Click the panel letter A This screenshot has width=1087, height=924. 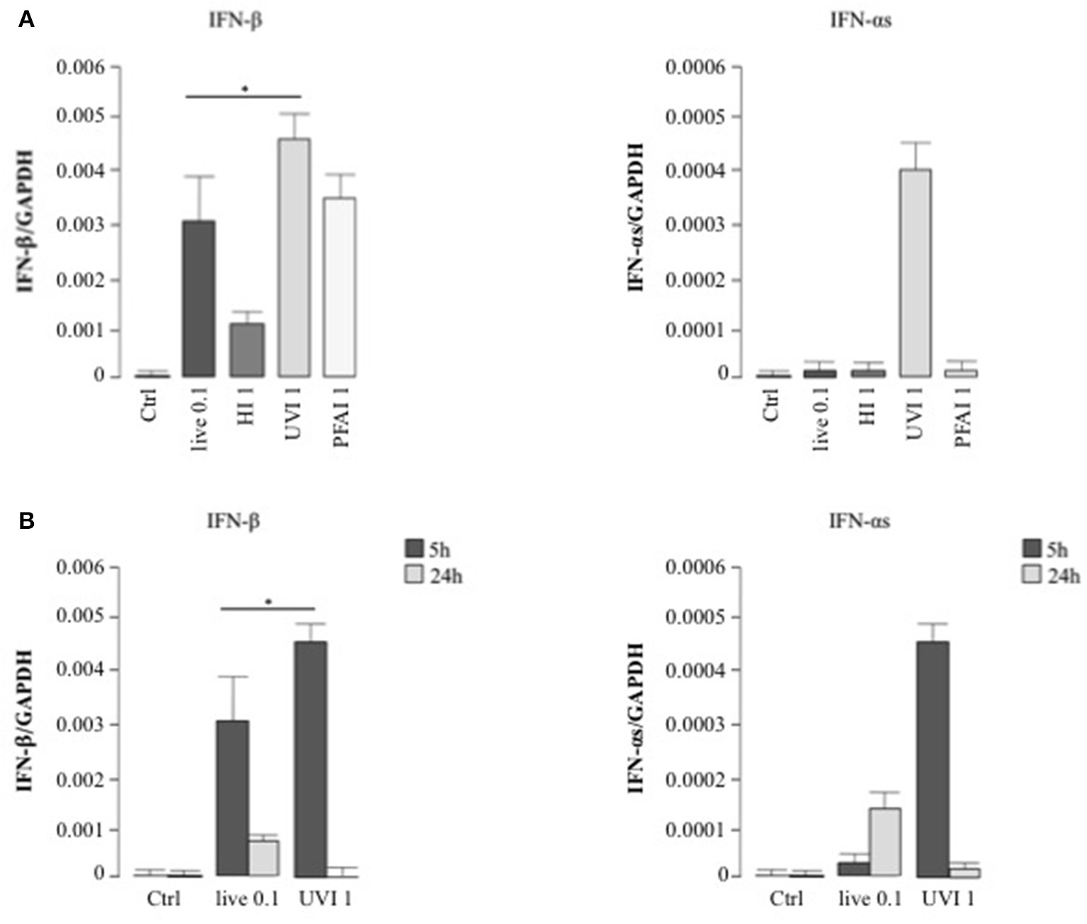(26, 20)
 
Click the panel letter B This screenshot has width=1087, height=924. (26, 521)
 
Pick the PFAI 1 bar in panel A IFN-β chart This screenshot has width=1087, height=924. (339, 287)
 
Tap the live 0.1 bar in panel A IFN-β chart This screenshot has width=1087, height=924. (199, 298)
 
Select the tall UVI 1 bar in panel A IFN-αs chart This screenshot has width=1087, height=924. (915, 273)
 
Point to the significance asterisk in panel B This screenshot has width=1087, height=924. (268, 603)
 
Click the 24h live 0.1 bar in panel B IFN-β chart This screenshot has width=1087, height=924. (263, 857)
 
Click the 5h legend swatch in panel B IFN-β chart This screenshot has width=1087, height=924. (414, 549)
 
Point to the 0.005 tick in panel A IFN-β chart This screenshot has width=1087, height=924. (79, 116)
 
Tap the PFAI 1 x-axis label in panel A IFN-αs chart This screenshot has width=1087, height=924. (963, 421)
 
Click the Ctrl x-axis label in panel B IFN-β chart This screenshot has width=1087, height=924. (164, 899)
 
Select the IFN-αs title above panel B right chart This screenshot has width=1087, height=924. (860, 522)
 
